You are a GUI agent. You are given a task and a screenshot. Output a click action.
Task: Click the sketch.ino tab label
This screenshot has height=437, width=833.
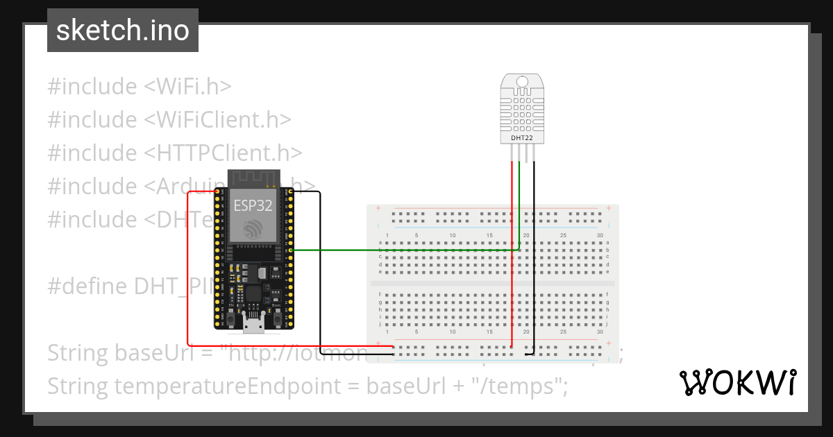click(122, 31)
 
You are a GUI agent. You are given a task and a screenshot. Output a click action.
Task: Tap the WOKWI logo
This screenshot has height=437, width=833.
click(737, 382)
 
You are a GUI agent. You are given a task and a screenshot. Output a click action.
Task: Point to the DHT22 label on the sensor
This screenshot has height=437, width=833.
click(522, 138)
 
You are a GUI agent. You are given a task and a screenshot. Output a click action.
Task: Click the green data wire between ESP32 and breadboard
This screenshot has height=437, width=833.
click(403, 250)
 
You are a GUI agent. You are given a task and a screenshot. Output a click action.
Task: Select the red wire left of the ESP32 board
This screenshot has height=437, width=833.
click(187, 277)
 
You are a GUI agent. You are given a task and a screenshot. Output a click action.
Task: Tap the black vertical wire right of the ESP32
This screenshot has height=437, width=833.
click(319, 277)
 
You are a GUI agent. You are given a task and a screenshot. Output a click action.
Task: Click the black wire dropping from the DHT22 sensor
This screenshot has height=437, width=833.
click(535, 264)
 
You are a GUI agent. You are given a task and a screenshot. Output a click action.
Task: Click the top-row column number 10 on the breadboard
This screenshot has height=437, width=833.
click(453, 236)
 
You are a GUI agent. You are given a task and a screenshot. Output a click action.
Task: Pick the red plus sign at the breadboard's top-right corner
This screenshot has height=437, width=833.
click(609, 208)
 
